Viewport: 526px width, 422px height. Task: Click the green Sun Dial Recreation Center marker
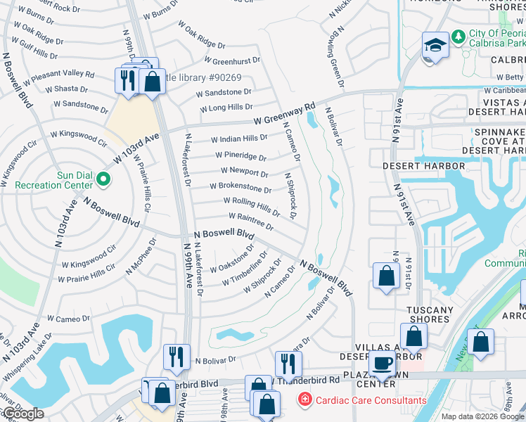point(103,179)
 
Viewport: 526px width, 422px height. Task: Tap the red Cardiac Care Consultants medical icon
point(304,400)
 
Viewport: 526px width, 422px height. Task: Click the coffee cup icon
point(383,364)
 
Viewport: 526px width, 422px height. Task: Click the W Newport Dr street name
point(244,172)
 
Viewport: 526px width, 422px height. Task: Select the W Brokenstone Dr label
point(240,188)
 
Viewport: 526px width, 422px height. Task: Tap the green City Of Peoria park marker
point(458,35)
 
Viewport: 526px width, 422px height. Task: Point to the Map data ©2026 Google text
point(482,416)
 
